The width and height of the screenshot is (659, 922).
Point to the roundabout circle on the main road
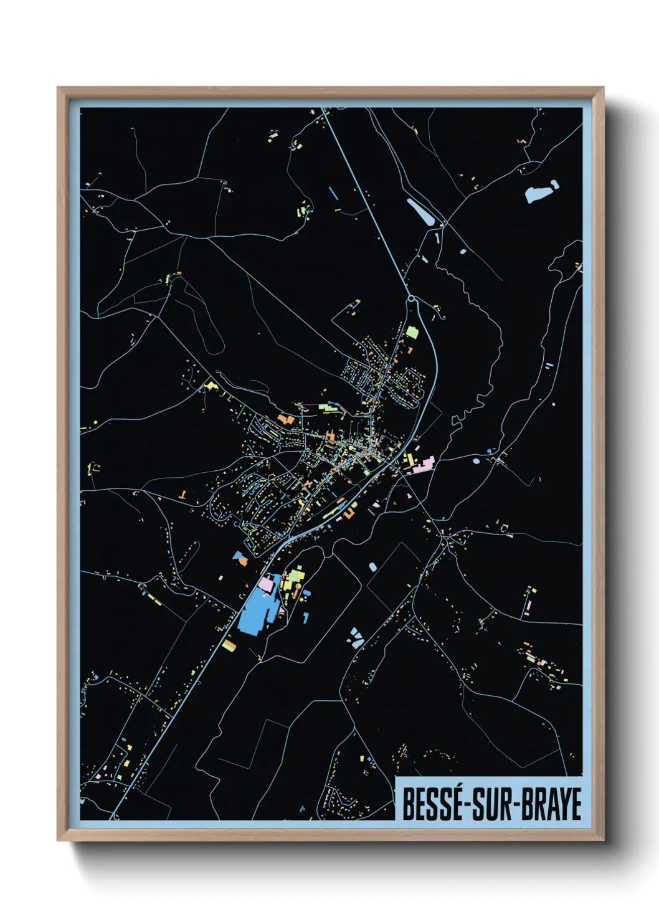tap(411, 300)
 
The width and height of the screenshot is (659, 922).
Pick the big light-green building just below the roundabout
tap(412, 333)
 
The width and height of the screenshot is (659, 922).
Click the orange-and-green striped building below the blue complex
tap(229, 645)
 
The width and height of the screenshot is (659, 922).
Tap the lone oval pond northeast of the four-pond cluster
tap(372, 567)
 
